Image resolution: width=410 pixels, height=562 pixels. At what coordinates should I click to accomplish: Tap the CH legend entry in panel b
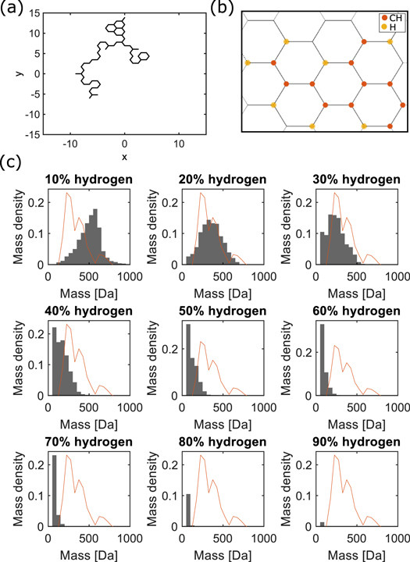point(384,17)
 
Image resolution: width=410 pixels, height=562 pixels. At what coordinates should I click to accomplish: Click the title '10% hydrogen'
point(88,179)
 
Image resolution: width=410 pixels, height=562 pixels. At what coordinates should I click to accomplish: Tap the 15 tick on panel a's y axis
point(36,34)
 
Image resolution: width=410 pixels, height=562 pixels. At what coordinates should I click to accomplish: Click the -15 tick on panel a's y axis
point(34,134)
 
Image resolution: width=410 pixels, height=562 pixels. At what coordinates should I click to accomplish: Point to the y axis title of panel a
point(17,73)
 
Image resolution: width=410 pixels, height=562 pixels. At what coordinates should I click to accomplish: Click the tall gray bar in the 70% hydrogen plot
point(54,500)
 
